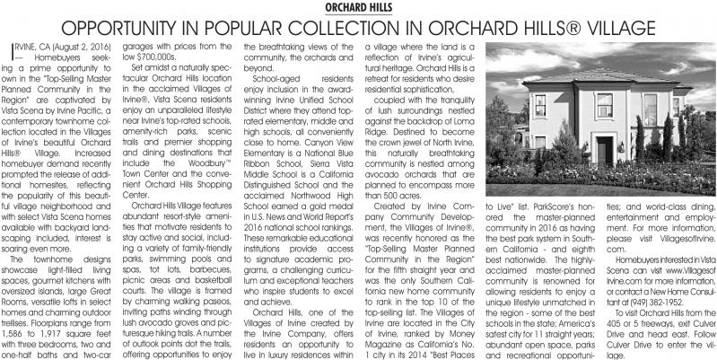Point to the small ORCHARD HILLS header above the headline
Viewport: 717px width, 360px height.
point(358,6)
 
